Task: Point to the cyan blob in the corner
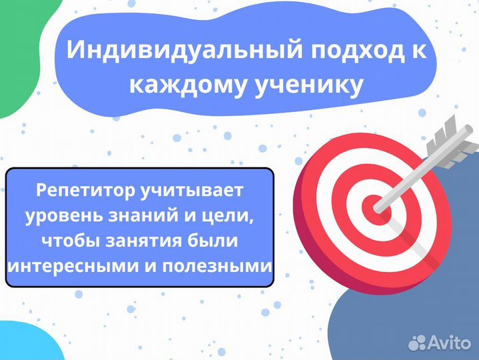20,343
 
